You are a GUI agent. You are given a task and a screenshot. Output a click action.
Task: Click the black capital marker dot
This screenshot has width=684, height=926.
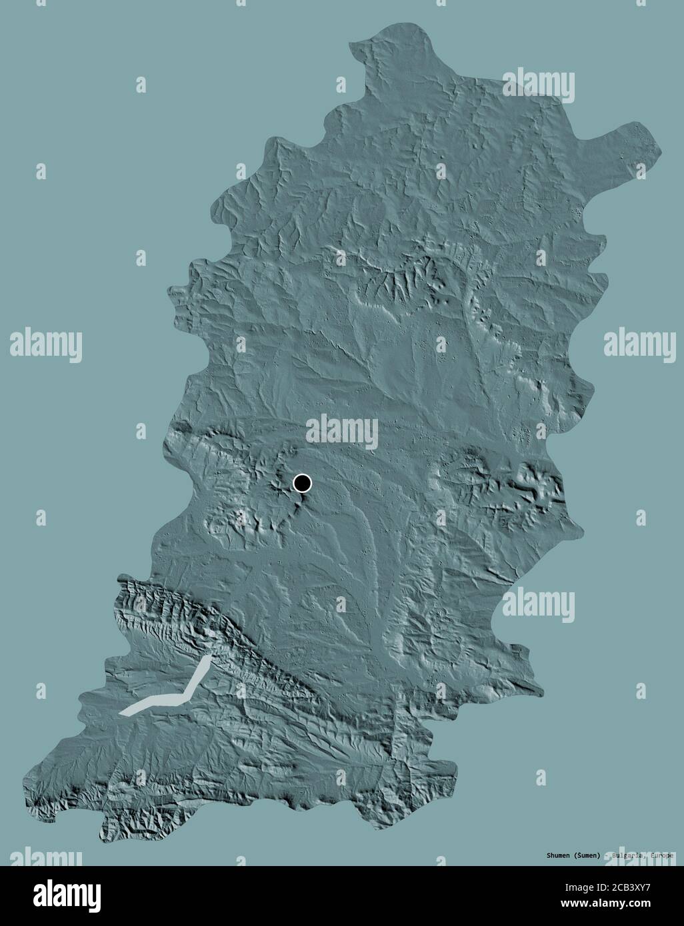click(x=303, y=483)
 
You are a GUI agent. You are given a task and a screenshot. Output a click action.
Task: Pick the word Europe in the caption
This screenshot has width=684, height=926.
click(x=661, y=855)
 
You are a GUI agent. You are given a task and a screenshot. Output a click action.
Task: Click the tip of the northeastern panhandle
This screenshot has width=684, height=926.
click(x=656, y=137)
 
